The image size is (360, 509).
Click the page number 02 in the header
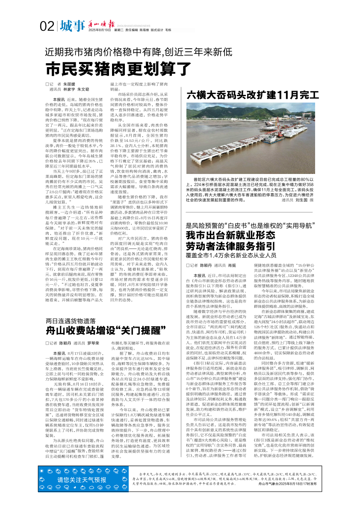coord(47,26)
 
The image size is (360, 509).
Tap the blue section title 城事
coord(72,26)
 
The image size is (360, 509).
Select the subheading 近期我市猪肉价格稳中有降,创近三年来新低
coord(139,52)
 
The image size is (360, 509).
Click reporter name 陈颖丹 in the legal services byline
coord(206,265)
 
